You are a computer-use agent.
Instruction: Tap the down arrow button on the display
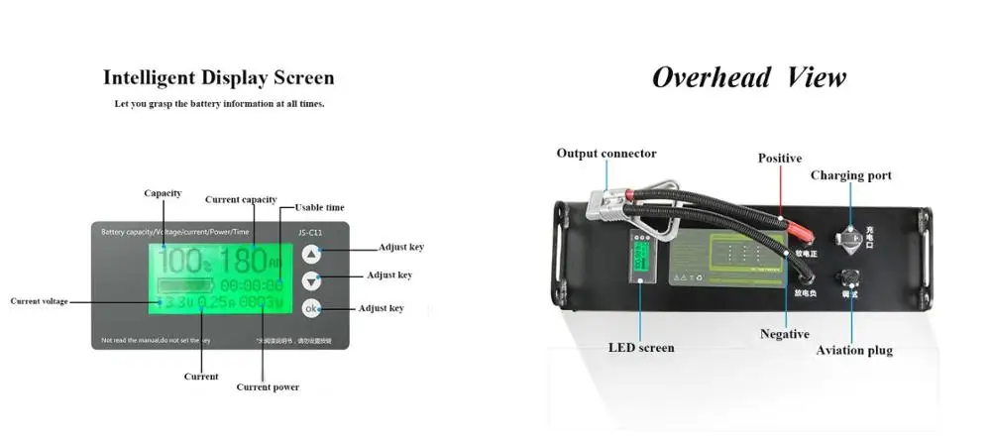click(312, 280)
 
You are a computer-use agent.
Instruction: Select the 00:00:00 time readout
click(251, 284)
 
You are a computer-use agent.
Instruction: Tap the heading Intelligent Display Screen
click(219, 77)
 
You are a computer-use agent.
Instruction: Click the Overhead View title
click(748, 77)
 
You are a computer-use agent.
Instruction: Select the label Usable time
click(321, 207)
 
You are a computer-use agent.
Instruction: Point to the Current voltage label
click(40, 300)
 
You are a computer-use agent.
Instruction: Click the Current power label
click(268, 386)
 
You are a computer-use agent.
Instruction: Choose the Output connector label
click(606, 154)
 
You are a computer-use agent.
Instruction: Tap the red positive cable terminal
click(804, 237)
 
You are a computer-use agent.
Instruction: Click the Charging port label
click(851, 175)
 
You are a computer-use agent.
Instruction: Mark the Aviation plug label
click(854, 350)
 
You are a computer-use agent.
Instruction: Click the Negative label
click(785, 334)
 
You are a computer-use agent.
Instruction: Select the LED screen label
click(640, 348)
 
